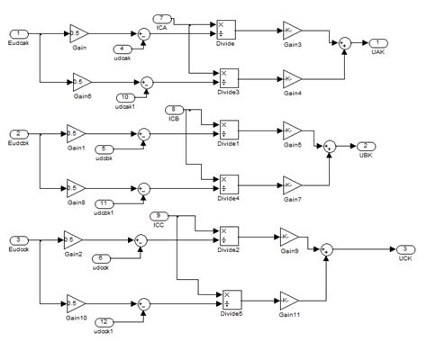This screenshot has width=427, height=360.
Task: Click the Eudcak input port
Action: point(19,34)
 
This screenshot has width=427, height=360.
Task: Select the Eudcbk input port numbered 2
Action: point(19,134)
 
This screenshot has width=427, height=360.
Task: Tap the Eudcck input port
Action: point(19,240)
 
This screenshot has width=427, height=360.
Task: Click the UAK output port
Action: point(382,42)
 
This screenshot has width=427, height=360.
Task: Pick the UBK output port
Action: point(365,145)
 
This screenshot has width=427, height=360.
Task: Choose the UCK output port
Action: point(405,249)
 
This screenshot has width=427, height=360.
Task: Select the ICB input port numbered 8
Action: point(174,110)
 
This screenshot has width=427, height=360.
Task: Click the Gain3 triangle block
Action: point(293,31)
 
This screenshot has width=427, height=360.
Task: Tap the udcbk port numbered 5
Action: point(105,148)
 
